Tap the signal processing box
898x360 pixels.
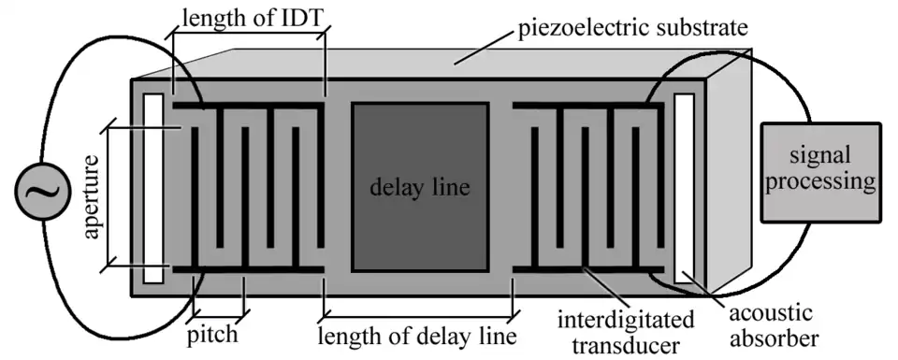tap(820, 172)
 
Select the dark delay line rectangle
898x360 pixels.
tap(419, 186)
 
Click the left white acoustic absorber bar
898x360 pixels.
tap(153, 187)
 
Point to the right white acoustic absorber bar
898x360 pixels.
tap(684, 187)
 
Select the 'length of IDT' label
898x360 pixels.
tap(248, 18)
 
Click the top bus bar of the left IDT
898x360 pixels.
tap(248, 106)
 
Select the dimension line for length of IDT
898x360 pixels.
tap(248, 36)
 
